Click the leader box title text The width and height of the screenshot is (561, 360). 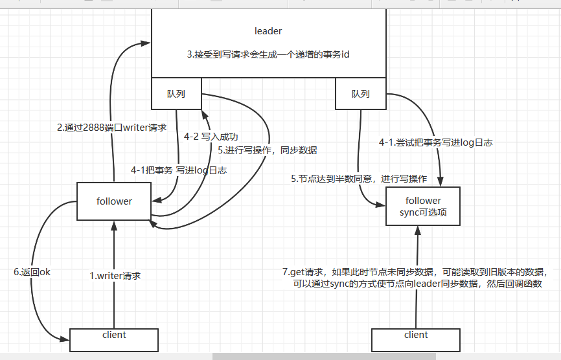pos(268,31)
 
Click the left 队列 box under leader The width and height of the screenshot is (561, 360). pos(176,94)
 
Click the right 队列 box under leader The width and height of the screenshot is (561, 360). pos(360,94)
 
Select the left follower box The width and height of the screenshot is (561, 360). pos(114,201)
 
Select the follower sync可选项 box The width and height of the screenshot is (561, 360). pos(423,206)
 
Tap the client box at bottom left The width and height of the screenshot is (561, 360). pos(114,339)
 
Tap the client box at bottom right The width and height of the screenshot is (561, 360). pos(416,339)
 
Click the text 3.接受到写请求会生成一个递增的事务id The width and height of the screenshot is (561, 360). pos(268,55)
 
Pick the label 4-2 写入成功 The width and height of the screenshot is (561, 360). pos(211,137)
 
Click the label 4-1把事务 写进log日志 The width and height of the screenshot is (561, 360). pos(179,170)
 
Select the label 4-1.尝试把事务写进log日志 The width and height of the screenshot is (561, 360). pos(436,142)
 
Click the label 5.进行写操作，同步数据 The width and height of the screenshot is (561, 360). pos(268,151)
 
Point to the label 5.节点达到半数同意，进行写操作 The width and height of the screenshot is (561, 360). pos(359,178)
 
